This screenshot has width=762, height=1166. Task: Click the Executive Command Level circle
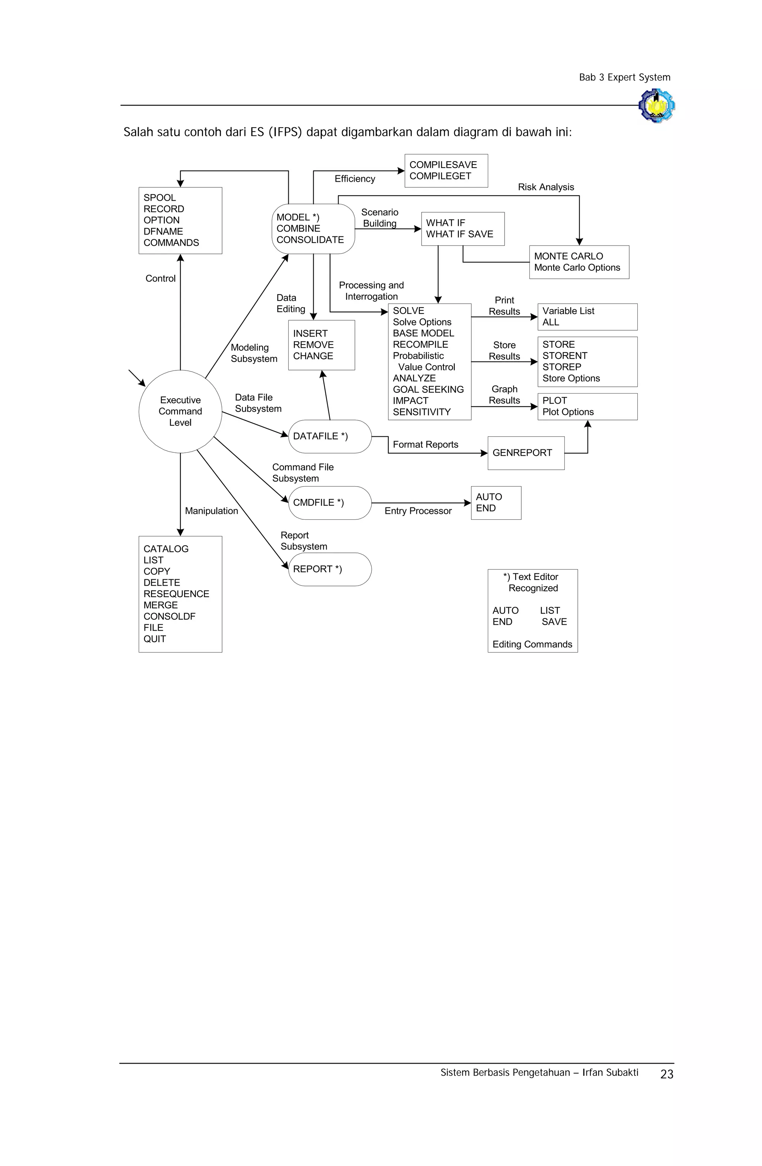point(180,411)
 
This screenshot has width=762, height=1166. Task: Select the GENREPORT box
point(525,453)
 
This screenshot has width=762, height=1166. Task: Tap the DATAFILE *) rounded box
point(330,436)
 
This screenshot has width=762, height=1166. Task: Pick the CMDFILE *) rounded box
point(330,503)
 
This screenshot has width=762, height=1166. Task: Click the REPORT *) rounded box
point(330,569)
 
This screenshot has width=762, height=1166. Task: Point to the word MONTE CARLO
point(568,256)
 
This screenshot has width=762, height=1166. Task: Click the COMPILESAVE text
point(443,165)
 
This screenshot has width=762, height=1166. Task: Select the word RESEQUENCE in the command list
point(176,594)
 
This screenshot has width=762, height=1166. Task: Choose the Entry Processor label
point(418,511)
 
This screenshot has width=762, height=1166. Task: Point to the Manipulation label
point(211,511)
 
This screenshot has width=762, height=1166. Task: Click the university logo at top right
point(657,105)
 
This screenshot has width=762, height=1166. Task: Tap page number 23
point(666,1074)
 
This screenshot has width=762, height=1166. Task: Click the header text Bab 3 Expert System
point(624,77)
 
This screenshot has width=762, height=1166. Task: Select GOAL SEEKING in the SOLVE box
point(428,389)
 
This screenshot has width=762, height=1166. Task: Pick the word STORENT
point(565,356)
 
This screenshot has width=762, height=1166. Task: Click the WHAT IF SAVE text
point(460,234)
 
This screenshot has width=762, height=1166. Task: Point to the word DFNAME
point(163,231)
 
